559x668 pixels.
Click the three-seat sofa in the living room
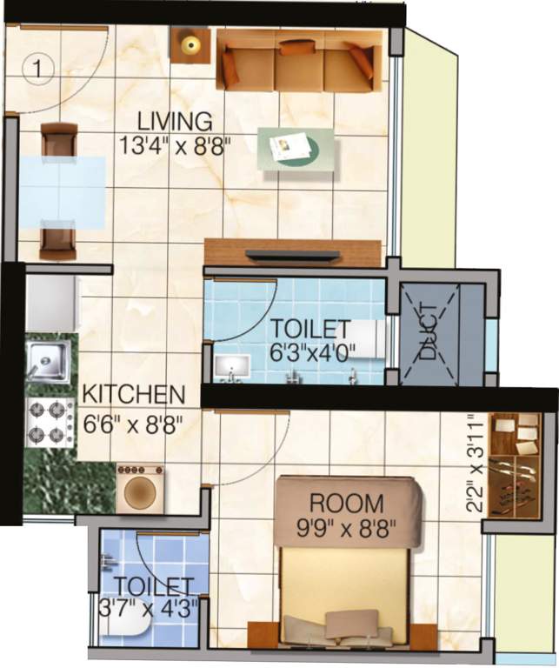pos(298,62)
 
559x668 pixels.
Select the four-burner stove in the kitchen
pos(50,423)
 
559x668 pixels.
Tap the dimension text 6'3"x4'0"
pos(309,351)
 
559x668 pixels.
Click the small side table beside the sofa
pos(190,44)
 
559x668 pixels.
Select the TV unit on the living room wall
pos(292,253)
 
